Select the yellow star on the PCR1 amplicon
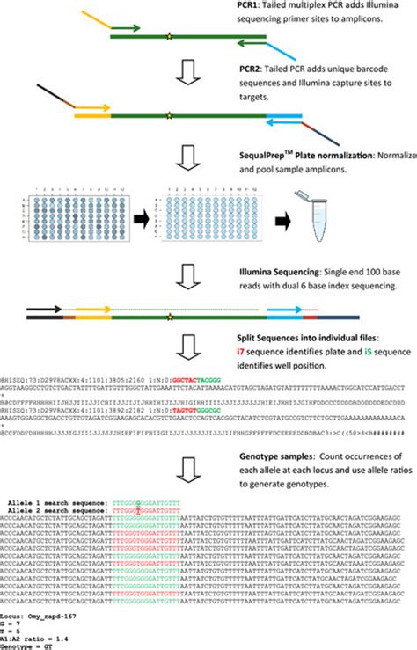169,37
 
